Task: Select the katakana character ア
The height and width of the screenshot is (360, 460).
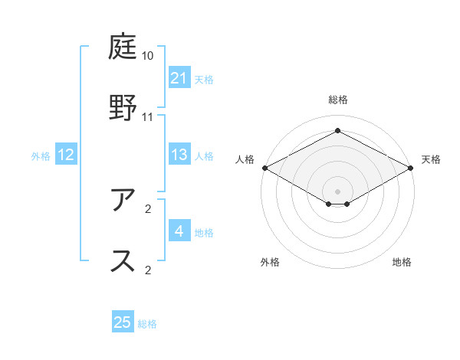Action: click(123, 201)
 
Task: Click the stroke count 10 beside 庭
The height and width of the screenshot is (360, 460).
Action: click(148, 56)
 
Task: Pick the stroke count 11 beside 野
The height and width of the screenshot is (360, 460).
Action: click(148, 116)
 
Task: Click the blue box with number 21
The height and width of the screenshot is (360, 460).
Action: click(179, 78)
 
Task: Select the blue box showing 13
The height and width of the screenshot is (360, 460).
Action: click(179, 155)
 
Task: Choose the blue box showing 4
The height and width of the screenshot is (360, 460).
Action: click(179, 231)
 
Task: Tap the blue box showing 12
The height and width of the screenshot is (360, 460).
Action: click(66, 155)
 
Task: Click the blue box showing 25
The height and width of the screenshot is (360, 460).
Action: click(123, 322)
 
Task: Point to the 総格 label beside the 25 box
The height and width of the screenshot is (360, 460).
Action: click(147, 324)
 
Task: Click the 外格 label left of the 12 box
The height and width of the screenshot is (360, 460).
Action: click(41, 156)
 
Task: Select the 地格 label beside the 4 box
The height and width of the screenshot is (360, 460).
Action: click(204, 232)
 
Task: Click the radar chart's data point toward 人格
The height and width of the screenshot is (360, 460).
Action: click(264, 168)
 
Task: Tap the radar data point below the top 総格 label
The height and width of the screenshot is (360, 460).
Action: click(337, 132)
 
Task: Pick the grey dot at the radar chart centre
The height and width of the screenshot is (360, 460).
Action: click(337, 191)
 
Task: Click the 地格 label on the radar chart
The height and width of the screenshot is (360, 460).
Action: click(402, 262)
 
